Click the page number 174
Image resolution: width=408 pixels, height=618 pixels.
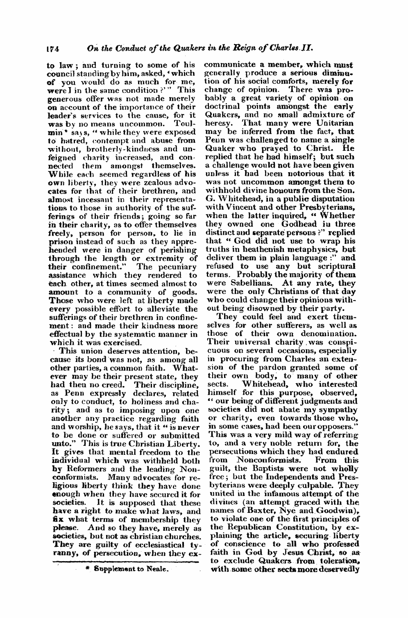click(x=53, y=47)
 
